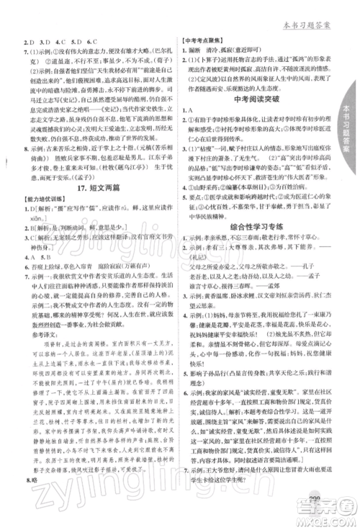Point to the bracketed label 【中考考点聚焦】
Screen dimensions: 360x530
(209, 42)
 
